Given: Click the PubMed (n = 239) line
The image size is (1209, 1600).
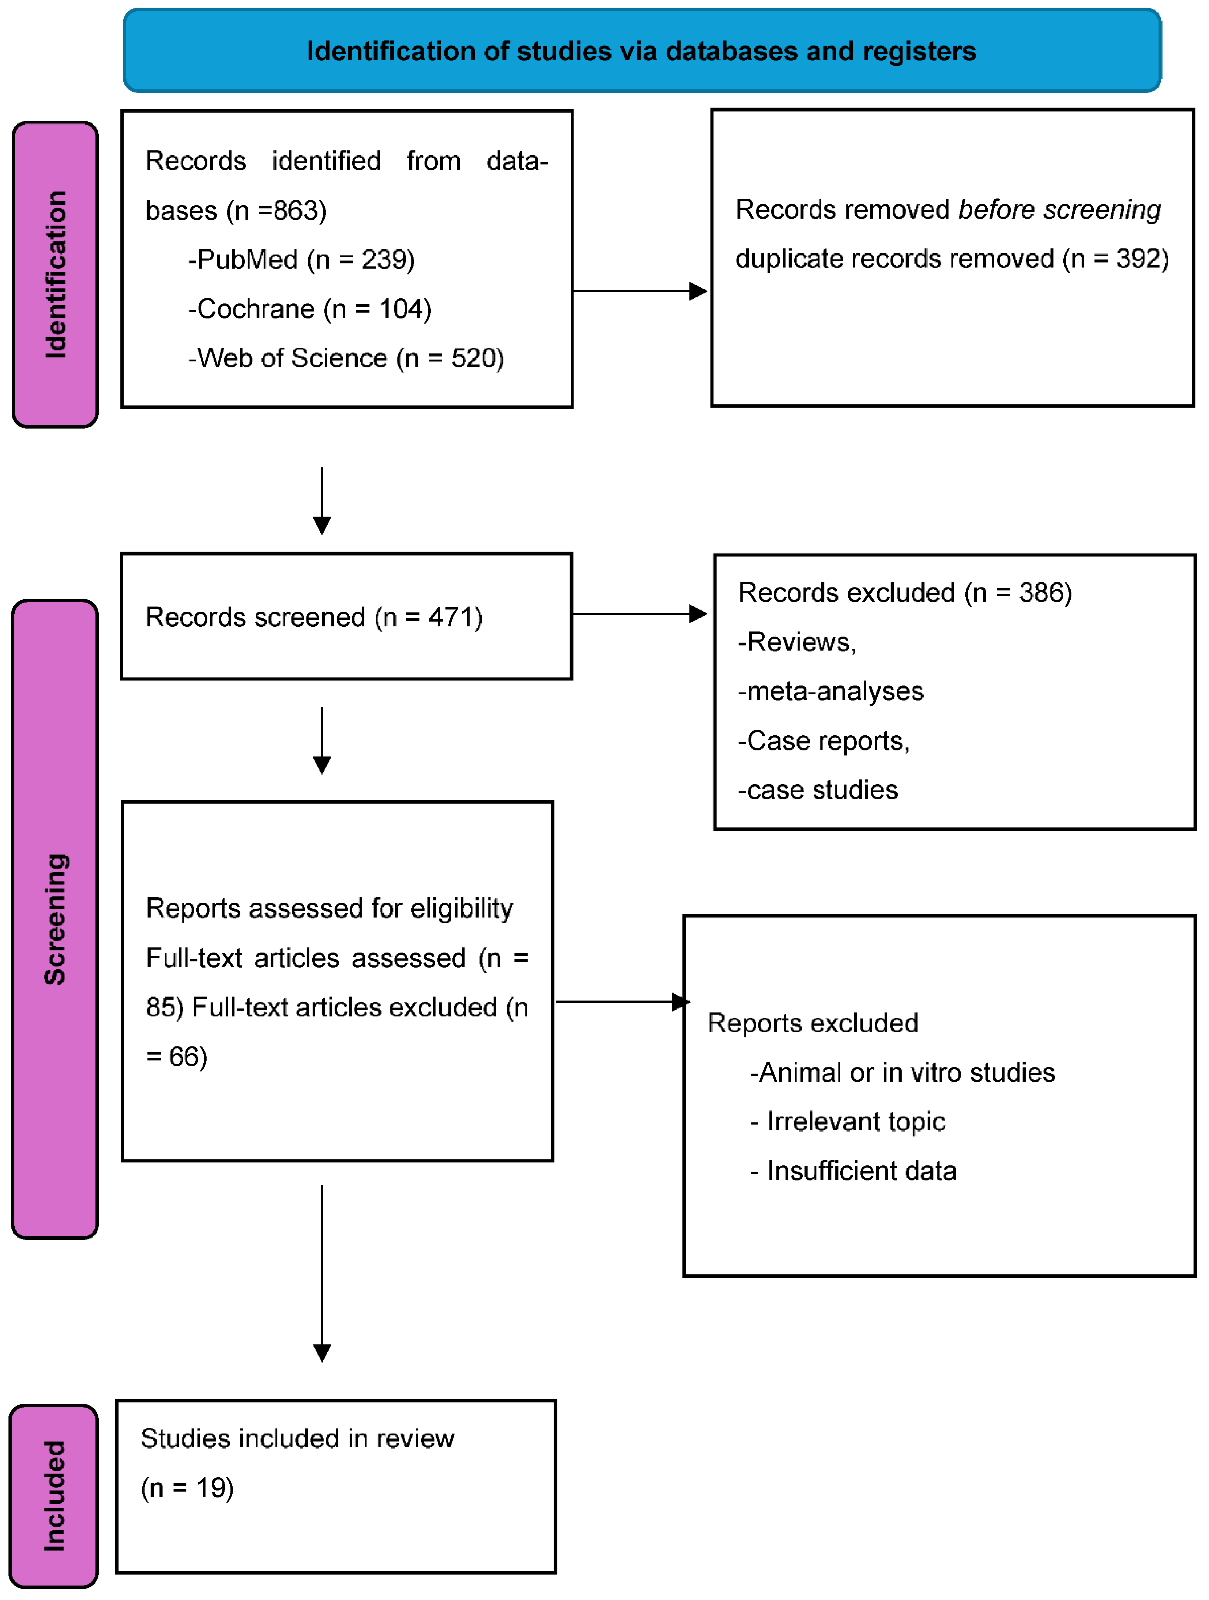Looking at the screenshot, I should click(x=302, y=260).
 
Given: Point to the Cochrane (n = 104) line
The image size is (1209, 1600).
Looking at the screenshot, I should click(x=310, y=309).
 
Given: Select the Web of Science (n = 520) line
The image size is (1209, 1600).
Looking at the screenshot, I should click(x=346, y=358).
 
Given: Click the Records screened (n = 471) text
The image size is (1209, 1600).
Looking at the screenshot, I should click(x=313, y=617).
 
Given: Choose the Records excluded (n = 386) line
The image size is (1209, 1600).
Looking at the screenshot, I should click(x=904, y=592).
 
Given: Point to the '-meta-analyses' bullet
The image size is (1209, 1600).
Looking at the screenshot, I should click(x=831, y=691).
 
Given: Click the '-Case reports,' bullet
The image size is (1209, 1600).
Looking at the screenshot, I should click(x=823, y=741).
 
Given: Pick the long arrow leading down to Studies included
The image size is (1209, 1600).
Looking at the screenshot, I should click(x=322, y=1273).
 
